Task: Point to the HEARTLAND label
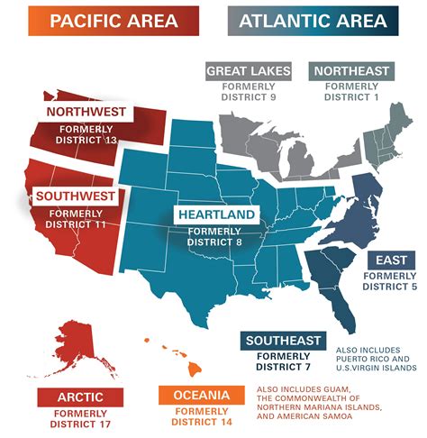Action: pos(217,215)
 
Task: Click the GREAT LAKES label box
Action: pos(247,70)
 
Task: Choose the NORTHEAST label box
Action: pos(350,70)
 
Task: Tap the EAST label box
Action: pos(393,260)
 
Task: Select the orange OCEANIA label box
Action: pos(200,396)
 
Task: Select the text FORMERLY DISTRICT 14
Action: pos(200,419)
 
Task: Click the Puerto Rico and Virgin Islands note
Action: pos(375,357)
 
